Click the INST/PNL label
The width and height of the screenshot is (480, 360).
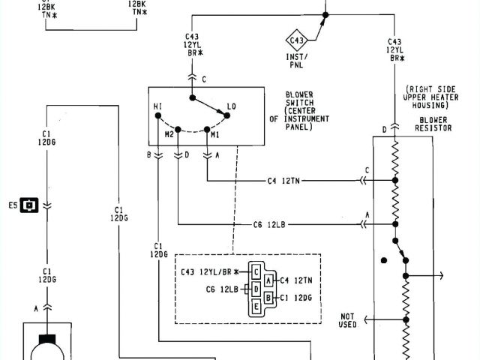tap(297, 59)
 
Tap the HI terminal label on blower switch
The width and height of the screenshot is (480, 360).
tap(157, 107)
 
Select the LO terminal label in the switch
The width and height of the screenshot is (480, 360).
tap(232, 107)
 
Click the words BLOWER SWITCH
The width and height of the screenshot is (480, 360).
tap(299, 98)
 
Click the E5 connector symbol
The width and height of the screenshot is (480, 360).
tap(29, 204)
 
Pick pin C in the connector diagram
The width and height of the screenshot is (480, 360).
tap(256, 271)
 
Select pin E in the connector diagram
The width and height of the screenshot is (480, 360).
tap(256, 306)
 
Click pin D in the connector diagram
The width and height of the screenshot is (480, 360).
tap(256, 288)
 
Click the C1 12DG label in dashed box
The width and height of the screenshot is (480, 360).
tap(296, 297)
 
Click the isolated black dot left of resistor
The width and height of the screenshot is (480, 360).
tap(384, 260)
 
